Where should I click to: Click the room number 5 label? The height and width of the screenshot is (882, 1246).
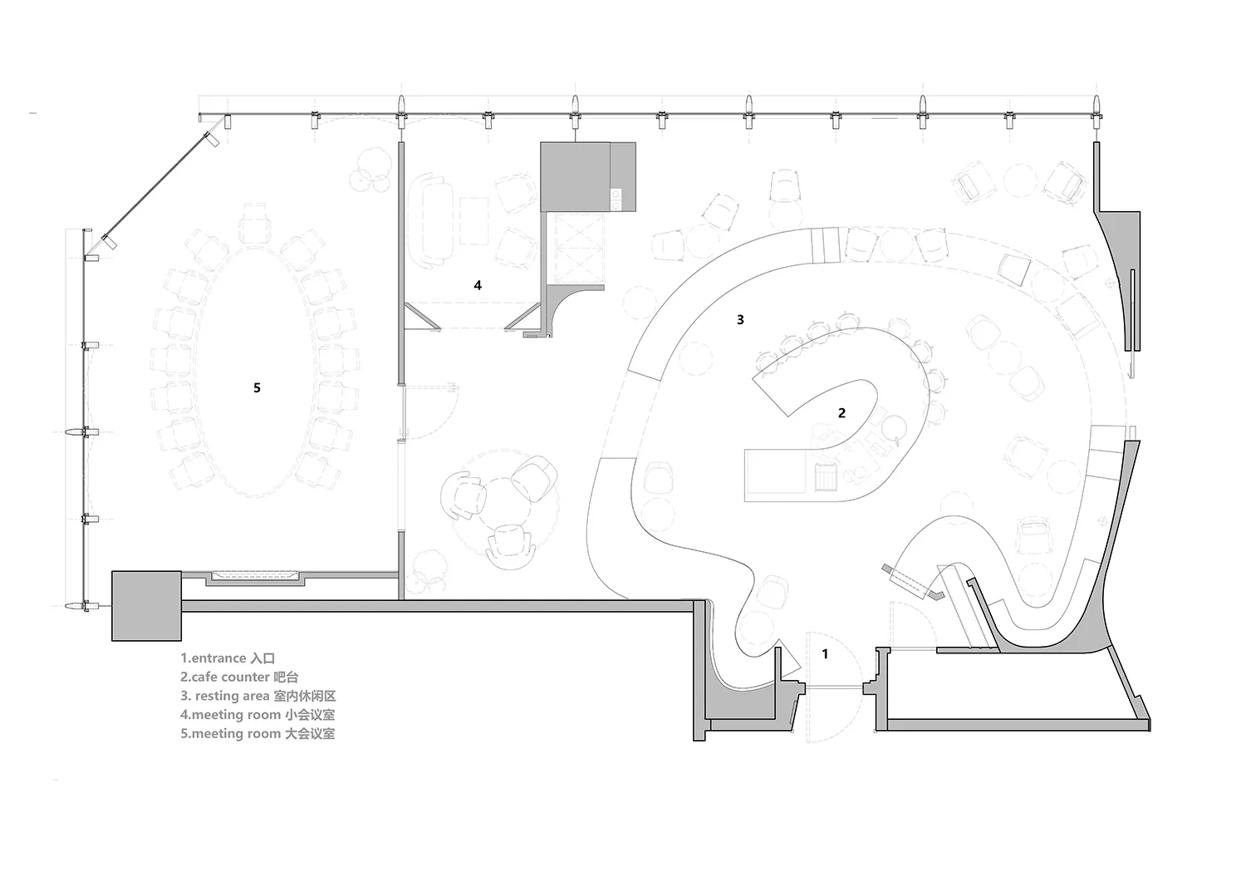coord(257,387)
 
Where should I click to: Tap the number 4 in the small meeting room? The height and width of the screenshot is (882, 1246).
coord(478,285)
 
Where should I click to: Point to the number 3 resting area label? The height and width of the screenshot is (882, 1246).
coord(740,319)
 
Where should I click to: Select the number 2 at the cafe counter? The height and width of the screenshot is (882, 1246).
coord(841,412)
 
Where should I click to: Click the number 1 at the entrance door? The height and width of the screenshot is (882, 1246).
coord(825,653)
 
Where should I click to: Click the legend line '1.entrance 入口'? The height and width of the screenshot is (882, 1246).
coord(228,658)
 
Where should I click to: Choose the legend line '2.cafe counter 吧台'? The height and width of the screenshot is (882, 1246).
coord(239,678)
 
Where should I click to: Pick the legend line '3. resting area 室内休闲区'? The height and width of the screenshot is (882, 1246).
coord(258,696)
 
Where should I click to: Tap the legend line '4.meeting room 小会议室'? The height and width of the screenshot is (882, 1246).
coord(258,715)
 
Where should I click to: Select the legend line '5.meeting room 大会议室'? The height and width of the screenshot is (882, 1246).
coord(258,734)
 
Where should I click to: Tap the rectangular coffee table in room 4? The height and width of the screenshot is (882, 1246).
coord(474,220)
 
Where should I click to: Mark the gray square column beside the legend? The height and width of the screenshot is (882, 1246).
coord(146,606)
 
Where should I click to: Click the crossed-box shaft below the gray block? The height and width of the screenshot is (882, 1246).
coord(580,249)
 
